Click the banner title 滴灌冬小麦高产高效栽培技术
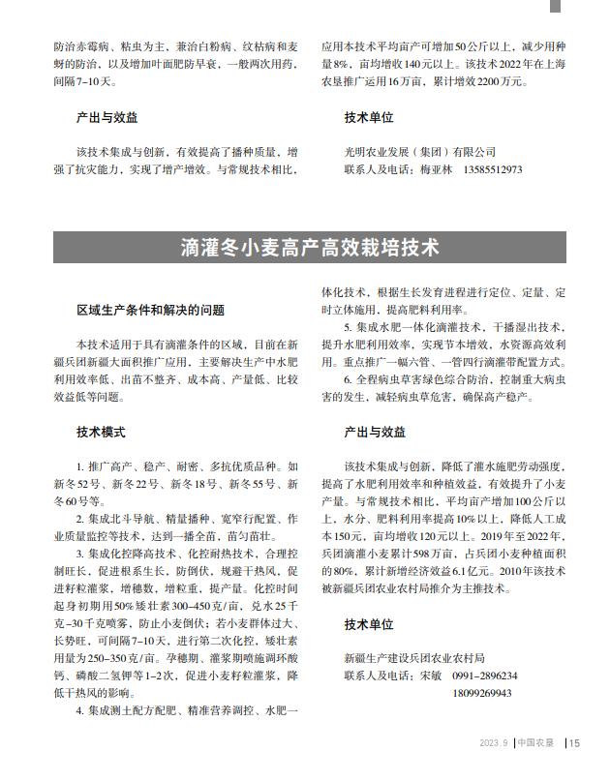tap(309, 248)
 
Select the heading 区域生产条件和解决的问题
tap(150, 311)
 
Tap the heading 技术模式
tap(101, 432)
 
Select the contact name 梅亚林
tap(436, 169)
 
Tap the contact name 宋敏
tap(431, 676)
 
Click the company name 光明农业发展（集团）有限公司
tap(419, 152)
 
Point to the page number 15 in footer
tap(574, 743)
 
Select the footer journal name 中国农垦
tap(535, 743)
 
